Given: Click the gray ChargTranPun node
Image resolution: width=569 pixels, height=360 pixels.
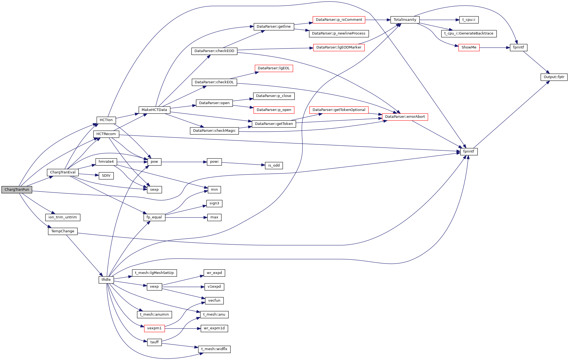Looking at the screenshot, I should [17, 190].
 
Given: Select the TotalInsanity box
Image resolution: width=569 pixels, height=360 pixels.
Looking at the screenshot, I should [405, 20].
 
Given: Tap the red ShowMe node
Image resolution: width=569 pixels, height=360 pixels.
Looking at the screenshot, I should [469, 47].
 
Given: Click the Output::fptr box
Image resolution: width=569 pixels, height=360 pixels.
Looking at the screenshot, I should [554, 77].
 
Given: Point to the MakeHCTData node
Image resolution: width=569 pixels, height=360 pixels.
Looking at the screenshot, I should [154, 110].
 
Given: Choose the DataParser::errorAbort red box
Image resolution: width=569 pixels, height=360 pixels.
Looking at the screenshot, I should [405, 117].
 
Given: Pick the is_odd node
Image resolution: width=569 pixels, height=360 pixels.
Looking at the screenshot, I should [274, 165].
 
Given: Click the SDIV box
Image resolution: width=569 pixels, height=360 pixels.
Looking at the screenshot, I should [106, 176].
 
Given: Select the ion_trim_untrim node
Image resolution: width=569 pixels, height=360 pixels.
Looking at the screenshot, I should [62, 217].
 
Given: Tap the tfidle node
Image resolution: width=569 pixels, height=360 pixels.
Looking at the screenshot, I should [106, 280].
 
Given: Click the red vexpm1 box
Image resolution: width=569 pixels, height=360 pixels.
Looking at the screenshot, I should [154, 328].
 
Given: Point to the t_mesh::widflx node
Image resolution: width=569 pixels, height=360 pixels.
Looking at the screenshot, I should [214, 349].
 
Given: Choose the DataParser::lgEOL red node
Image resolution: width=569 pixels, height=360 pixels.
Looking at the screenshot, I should [273, 68].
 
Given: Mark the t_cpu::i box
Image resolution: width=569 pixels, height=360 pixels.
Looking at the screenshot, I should [468, 20].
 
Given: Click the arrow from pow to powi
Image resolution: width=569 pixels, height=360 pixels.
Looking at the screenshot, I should [184, 162].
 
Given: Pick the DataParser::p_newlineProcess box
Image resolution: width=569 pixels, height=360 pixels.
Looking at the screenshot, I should [338, 33].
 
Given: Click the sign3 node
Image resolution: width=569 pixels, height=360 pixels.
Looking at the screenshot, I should [214, 203].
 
